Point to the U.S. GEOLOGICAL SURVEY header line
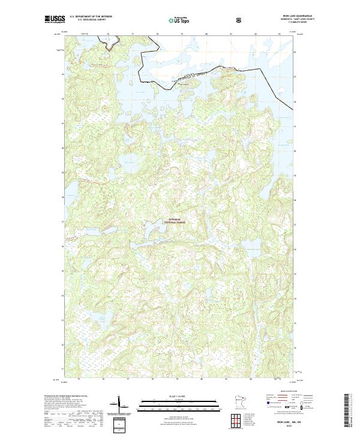[91, 20]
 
